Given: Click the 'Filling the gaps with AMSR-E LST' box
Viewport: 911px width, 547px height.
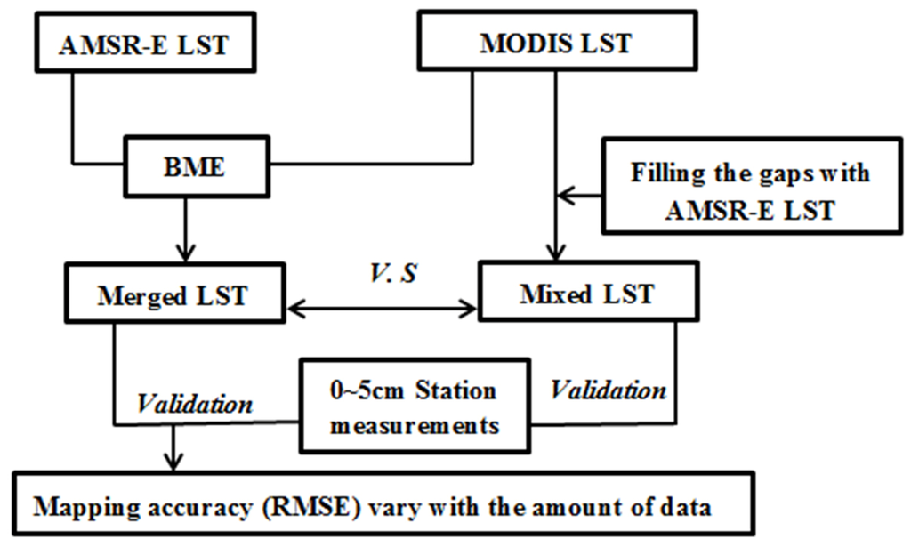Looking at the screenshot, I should coord(749,191).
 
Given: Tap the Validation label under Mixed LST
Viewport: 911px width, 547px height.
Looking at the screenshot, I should coord(609,390).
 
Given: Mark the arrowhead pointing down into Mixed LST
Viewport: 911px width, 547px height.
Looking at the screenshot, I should coord(556,253).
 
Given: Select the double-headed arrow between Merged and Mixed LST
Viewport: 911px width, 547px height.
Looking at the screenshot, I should coord(383,309).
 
